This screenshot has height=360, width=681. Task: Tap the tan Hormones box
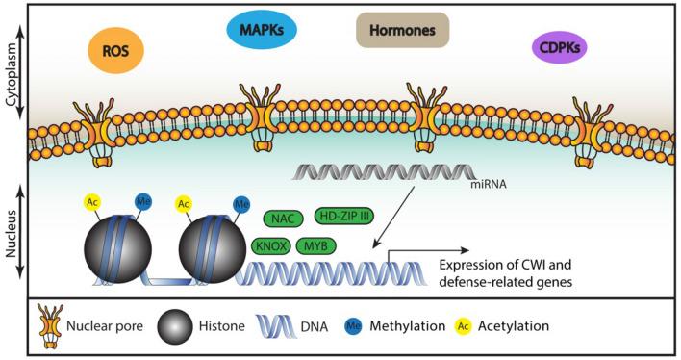(x=402, y=31)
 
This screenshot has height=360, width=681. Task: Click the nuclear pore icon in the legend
(x=43, y=326)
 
